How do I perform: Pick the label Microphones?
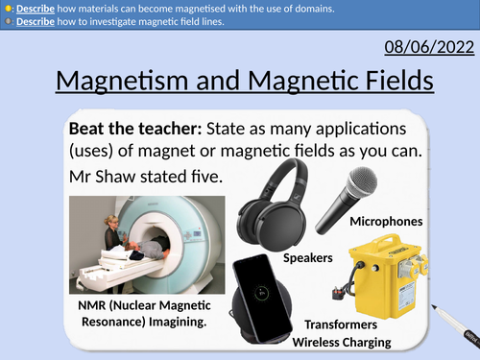[385, 222]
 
